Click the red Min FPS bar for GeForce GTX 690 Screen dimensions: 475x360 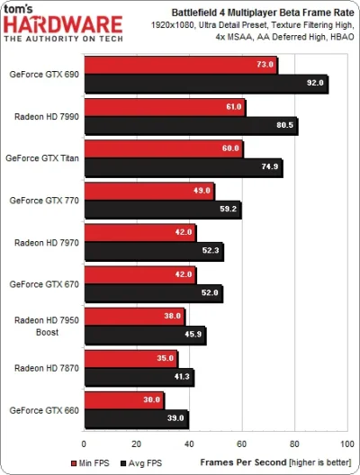click(180, 66)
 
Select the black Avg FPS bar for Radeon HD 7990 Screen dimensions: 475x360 click(190, 126)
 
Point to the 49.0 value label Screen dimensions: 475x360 click(200, 190)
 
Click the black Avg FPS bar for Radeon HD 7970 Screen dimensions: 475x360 click(153, 251)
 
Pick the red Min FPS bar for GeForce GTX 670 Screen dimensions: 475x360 click(139, 273)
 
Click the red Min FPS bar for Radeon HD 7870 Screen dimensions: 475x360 click(130, 358)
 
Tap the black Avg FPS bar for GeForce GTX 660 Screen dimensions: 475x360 click(135, 418)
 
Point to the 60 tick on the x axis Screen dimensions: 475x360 click(242, 444)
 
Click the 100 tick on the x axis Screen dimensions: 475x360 click(346, 444)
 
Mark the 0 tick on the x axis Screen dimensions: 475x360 click(84, 444)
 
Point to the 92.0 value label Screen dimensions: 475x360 click(312, 84)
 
